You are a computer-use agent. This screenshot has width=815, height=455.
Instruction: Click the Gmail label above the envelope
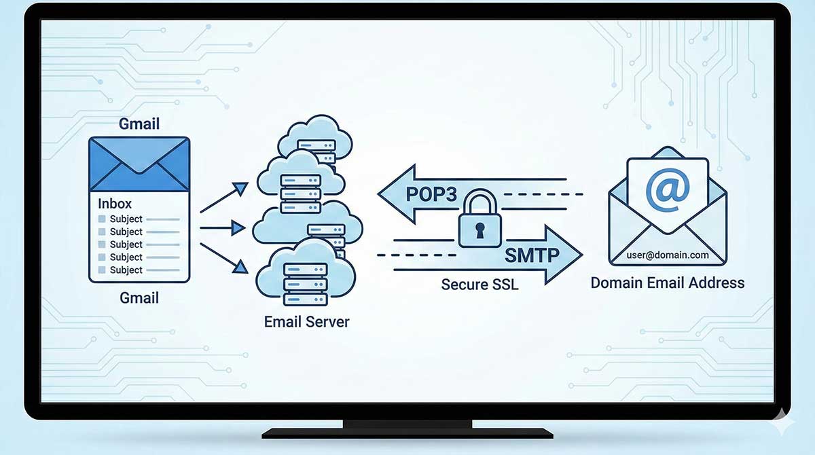point(139,124)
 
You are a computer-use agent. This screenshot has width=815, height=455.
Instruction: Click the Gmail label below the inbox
point(139,297)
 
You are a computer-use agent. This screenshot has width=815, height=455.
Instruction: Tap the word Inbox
point(115,203)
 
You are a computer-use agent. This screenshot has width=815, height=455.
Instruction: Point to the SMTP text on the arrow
point(530,255)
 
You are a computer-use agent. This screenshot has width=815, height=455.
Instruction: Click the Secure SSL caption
point(479,285)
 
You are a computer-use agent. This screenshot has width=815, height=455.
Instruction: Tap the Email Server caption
point(306,321)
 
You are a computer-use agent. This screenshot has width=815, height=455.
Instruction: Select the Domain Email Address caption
point(667,283)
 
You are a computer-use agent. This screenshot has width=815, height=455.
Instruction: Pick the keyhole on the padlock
point(479,232)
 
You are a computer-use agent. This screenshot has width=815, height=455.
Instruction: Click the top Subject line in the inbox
point(126,219)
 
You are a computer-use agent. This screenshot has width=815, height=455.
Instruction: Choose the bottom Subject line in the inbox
point(126,270)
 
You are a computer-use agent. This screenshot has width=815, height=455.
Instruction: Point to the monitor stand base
point(407,433)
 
